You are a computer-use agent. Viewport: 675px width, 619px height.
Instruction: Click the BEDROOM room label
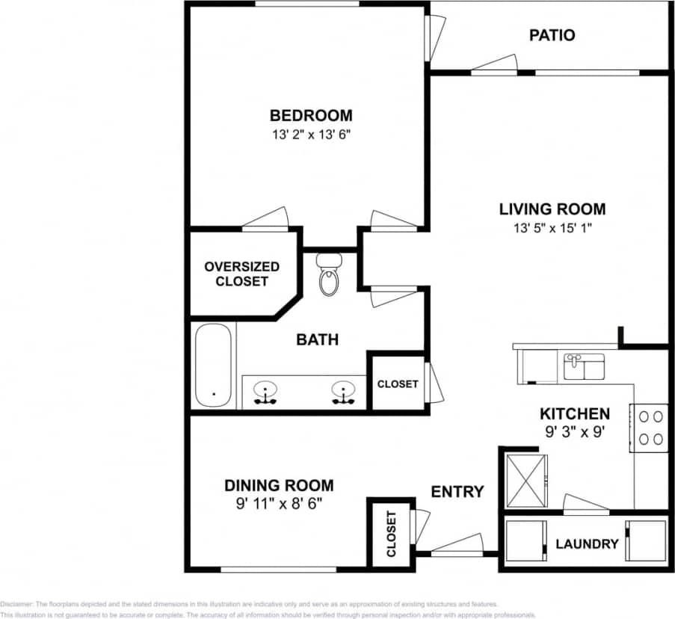click(310, 116)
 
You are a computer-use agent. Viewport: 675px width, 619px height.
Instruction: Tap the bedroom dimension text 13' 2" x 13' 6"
click(310, 135)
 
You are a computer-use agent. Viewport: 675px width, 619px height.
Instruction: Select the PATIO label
click(552, 35)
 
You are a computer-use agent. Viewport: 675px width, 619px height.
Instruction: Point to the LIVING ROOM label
click(552, 209)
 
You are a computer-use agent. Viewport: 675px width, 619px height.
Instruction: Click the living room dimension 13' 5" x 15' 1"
click(552, 229)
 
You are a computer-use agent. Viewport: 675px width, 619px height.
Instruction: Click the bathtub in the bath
click(213, 366)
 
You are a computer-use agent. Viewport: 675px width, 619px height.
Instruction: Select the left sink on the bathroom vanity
click(265, 391)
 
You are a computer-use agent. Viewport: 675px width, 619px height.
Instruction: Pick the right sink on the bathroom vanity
click(343, 391)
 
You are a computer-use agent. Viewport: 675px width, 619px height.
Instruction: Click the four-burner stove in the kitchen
click(649, 428)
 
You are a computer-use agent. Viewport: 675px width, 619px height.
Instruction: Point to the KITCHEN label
click(575, 413)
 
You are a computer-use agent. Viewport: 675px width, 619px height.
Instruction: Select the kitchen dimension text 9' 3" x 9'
click(575, 431)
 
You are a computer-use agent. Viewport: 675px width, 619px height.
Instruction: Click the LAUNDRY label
click(587, 544)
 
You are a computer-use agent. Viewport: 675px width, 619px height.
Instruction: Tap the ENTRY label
click(457, 492)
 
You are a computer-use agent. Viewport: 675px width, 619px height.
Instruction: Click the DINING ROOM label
click(279, 485)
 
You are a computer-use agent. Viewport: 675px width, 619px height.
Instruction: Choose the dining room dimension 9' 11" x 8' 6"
click(279, 504)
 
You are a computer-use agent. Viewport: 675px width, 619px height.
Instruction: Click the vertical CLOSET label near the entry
click(390, 534)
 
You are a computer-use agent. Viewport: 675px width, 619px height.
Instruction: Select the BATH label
click(317, 340)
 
